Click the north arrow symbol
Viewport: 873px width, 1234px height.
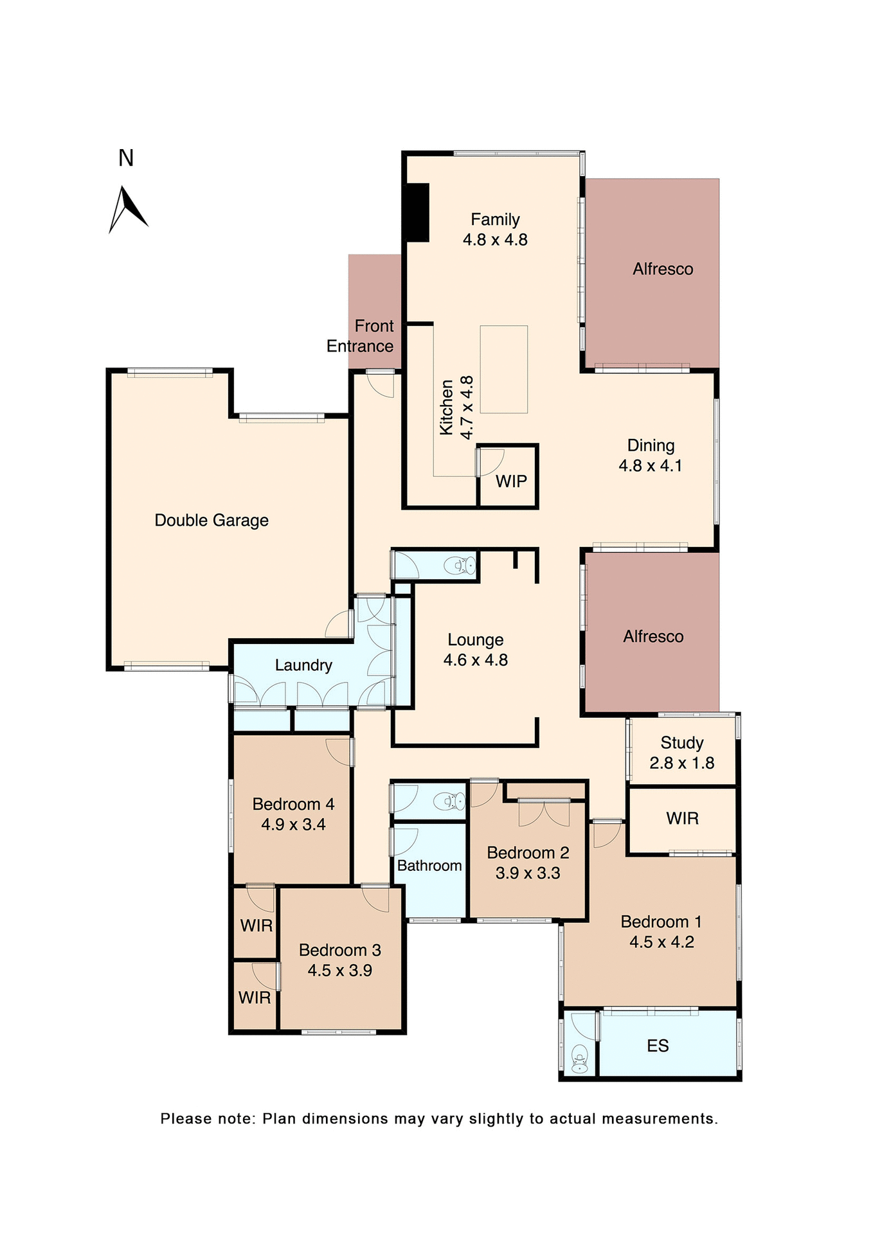click(x=127, y=209)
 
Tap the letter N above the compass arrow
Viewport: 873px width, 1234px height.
click(x=126, y=158)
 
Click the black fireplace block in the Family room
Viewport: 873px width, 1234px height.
click(x=417, y=213)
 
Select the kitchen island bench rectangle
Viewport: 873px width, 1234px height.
click(x=503, y=369)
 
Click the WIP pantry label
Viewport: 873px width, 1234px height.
click(x=511, y=481)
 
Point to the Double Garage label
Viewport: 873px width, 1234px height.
click(x=212, y=521)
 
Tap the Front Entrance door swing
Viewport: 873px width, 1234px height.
click(x=382, y=385)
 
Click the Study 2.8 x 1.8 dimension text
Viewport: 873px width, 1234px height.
click(x=681, y=763)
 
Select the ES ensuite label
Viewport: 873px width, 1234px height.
click(x=658, y=1046)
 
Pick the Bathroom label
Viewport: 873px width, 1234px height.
click(x=429, y=866)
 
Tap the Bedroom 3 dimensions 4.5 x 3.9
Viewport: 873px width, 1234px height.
click(x=339, y=970)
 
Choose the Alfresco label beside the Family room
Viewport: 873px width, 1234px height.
click(x=663, y=269)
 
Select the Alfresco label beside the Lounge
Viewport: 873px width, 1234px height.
click(x=653, y=637)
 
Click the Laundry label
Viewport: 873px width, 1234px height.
click(x=303, y=665)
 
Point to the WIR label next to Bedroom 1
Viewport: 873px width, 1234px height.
click(x=682, y=819)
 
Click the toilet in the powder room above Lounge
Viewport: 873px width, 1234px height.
click(x=461, y=566)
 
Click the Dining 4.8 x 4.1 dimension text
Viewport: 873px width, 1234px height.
click(x=651, y=466)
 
